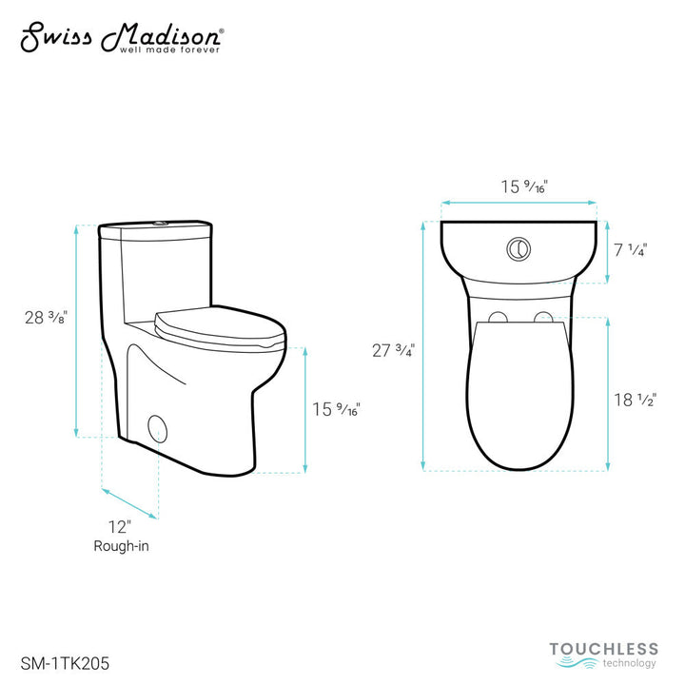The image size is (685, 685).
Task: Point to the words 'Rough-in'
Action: pyautogui.click(x=121, y=546)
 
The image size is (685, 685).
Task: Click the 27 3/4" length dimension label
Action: pyautogui.click(x=392, y=350)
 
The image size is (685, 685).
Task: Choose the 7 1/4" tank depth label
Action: pyautogui.click(x=630, y=251)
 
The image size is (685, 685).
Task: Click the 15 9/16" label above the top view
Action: pyautogui.click(x=519, y=186)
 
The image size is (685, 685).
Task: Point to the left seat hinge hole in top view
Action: pyautogui.click(x=498, y=317)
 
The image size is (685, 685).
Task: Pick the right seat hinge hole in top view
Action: pyautogui.click(x=542, y=317)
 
